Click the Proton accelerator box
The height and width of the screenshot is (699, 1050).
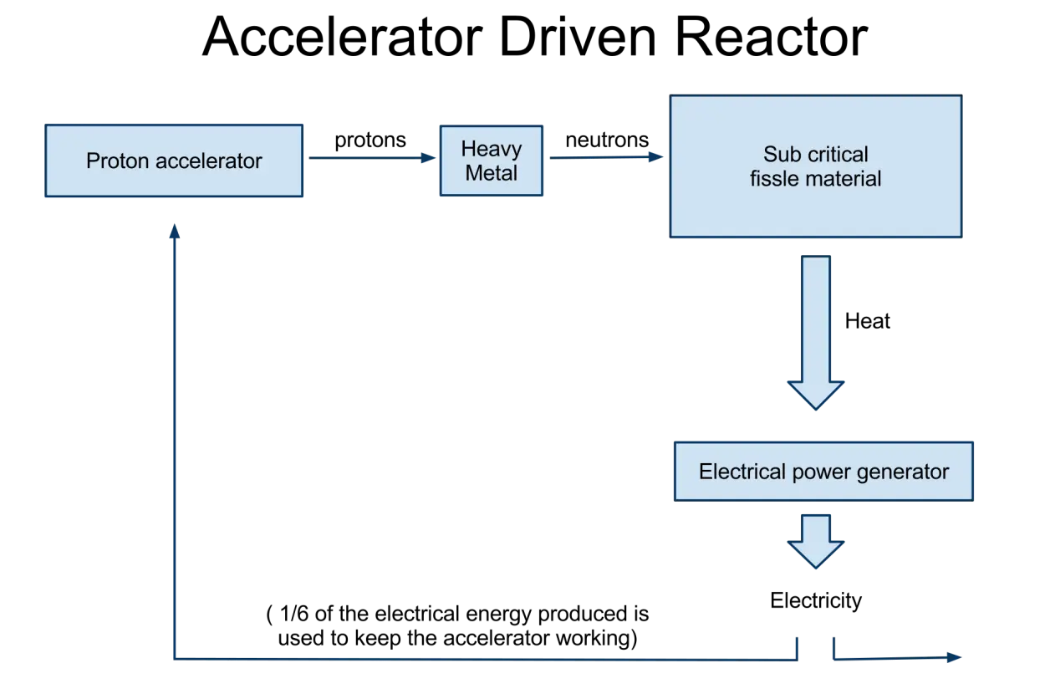click(174, 161)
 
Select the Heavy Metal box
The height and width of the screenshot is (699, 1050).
click(492, 161)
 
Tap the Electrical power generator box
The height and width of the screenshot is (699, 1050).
click(823, 471)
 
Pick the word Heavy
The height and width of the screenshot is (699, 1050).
click(492, 150)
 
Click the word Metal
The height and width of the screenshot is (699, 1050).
click(492, 173)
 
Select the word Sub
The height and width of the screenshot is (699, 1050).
click(780, 155)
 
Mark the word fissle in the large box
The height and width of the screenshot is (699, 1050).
click(772, 178)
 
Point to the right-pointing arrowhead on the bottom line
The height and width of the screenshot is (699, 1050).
click(953, 658)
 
